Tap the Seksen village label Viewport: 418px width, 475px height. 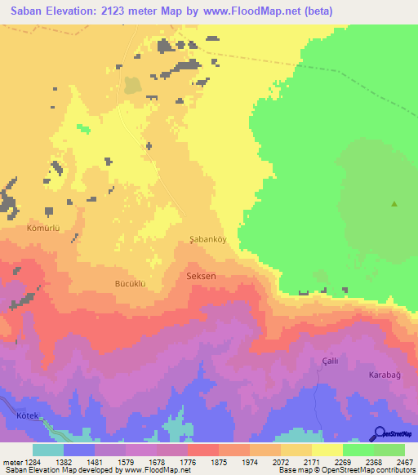pos(202,277)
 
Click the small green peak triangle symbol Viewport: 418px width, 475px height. pos(395,204)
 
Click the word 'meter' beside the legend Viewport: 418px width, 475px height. pos(10,461)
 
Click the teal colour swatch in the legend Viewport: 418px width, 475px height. pos(48,450)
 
